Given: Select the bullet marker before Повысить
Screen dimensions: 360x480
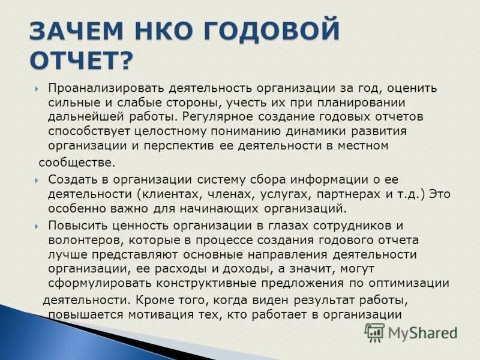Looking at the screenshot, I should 37,226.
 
